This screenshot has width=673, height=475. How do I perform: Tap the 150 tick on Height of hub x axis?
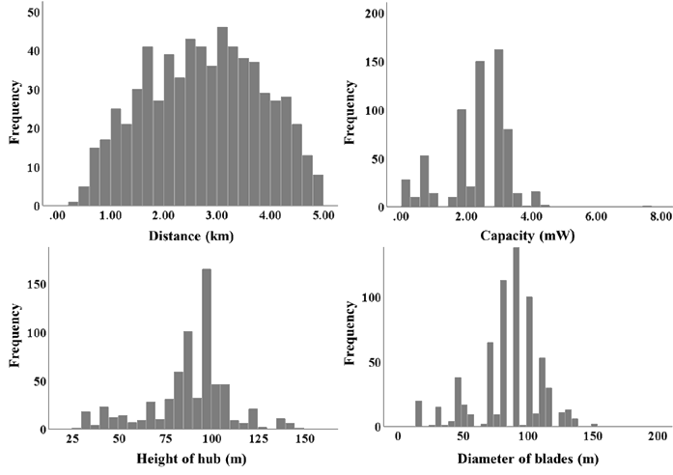[305, 438]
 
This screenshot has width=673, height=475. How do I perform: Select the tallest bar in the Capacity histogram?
[499, 126]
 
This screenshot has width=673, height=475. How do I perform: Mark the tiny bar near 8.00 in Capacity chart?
[648, 205]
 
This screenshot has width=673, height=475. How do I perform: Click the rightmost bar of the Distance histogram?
[319, 189]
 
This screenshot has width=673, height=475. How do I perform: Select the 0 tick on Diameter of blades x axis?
[398, 437]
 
